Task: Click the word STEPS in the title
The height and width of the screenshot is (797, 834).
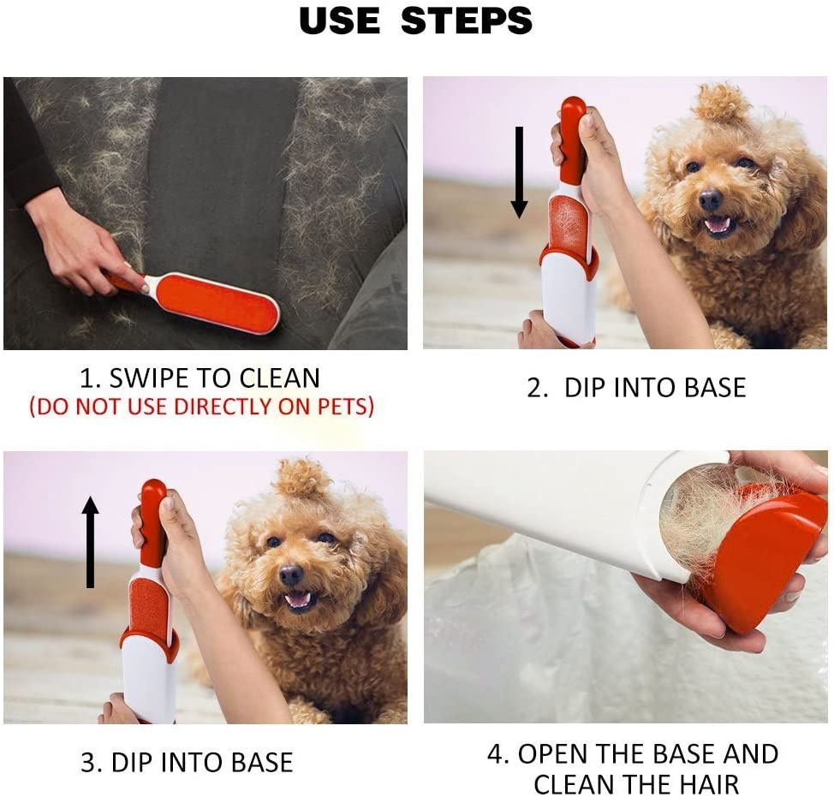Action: tap(467, 21)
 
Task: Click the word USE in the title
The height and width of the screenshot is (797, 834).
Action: tap(340, 21)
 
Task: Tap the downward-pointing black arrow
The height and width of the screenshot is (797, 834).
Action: tap(519, 172)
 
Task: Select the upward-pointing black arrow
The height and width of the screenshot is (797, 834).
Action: tap(91, 542)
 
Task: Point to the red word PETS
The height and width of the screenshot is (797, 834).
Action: tap(343, 407)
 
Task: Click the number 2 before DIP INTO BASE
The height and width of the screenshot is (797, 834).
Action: tap(536, 388)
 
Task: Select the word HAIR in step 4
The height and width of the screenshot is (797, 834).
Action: tap(707, 785)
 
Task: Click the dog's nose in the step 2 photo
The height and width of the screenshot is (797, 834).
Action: tap(710, 200)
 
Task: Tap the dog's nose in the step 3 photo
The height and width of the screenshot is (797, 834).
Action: tap(290, 574)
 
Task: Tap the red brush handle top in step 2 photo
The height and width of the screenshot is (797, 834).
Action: tap(574, 133)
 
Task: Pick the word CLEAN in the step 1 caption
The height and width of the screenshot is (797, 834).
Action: tap(280, 378)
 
